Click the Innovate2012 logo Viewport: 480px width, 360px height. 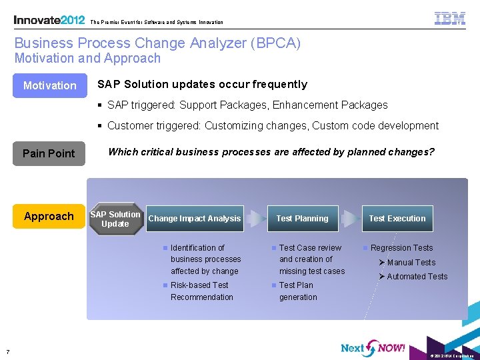tap(49, 20)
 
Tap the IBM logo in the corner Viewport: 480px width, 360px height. tap(450, 19)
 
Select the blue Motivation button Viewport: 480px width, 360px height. tap(49, 85)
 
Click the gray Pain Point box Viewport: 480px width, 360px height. tap(49, 153)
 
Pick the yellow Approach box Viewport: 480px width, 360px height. tap(49, 216)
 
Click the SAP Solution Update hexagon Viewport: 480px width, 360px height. tap(115, 219)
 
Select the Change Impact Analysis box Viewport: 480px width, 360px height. tap(194, 219)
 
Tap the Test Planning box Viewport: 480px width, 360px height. tap(302, 219)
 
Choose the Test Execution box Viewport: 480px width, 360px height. tap(397, 219)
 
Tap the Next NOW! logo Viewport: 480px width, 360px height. tap(373, 347)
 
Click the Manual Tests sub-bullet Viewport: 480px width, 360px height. tap(411, 263)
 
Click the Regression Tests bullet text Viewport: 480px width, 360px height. tap(401, 248)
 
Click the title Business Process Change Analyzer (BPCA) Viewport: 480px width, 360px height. tap(157, 43)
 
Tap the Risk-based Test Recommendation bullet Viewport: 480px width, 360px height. tap(201, 291)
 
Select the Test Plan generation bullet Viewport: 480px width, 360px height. tap(298, 291)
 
